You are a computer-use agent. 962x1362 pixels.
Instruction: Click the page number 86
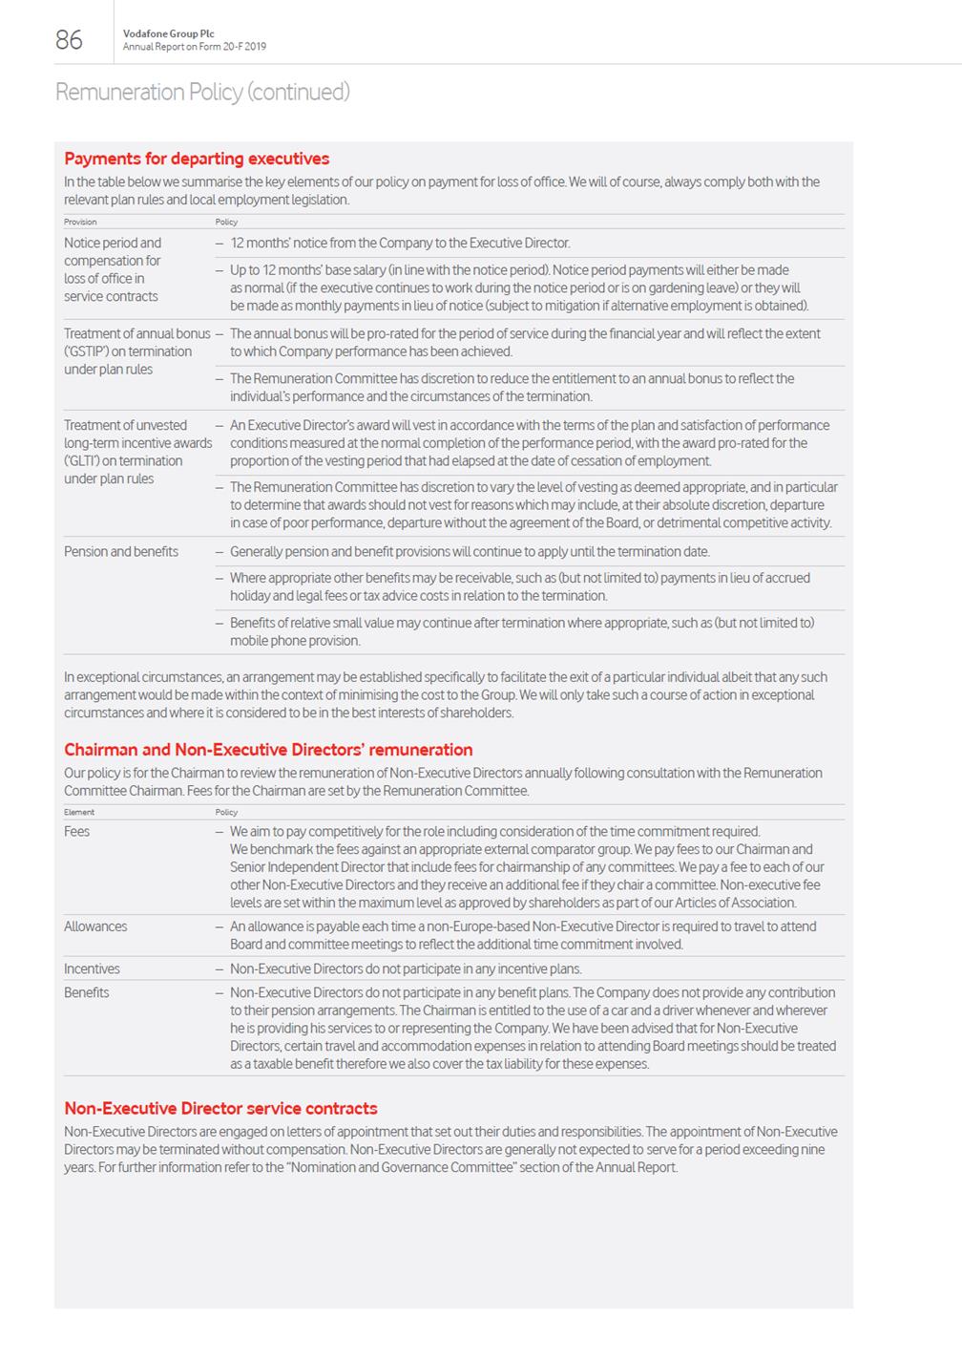tap(69, 39)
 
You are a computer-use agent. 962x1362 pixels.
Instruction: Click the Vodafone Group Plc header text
tap(169, 33)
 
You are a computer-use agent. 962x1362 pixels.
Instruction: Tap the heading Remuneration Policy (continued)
tap(202, 92)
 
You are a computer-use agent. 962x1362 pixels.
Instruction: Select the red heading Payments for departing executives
tap(197, 159)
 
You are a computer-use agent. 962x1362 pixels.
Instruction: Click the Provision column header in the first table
tap(80, 222)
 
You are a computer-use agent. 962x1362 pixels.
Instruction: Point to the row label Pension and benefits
tap(121, 551)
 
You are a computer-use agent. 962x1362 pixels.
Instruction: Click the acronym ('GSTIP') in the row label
tap(86, 351)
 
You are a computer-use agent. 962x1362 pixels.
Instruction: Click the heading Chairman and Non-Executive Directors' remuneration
tap(268, 750)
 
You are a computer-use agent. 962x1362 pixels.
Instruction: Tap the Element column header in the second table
tap(79, 812)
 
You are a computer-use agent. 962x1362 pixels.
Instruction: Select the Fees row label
tap(77, 831)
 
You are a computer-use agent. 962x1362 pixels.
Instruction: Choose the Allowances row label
tap(95, 926)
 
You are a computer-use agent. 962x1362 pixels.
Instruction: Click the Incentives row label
tap(92, 968)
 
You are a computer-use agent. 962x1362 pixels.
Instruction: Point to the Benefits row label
tap(87, 992)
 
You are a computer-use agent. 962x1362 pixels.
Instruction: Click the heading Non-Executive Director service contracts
tap(220, 1108)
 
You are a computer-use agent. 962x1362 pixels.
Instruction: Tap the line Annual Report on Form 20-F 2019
tap(195, 47)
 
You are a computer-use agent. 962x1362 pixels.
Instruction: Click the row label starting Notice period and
tap(113, 243)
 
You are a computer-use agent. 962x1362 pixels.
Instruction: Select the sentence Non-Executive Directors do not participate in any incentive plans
tap(406, 968)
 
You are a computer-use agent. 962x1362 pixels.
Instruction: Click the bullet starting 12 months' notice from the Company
tap(400, 243)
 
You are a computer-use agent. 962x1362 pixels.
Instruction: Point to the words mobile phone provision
tap(295, 641)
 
